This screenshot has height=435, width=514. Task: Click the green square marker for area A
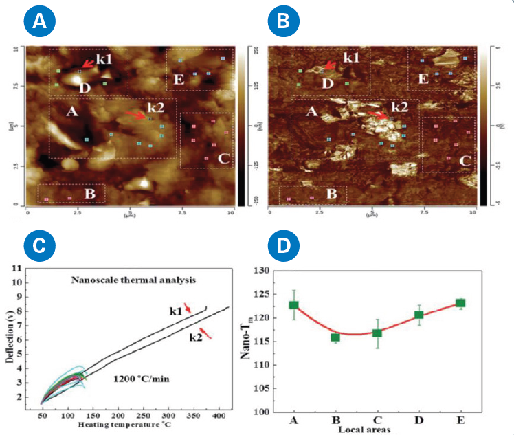point(294,305)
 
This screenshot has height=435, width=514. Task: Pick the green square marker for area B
point(335,337)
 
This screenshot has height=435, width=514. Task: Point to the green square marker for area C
point(377,333)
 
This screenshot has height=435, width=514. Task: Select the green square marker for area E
point(460,303)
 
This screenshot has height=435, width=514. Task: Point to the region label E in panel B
point(423,80)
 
